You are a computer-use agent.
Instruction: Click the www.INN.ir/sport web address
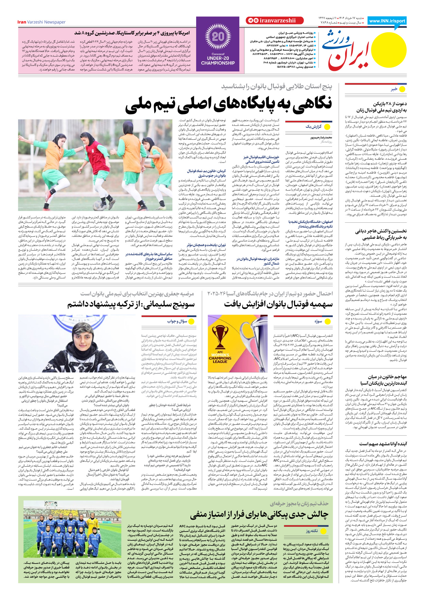coord(387,21)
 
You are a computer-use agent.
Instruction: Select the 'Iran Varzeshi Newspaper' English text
coord(41,22)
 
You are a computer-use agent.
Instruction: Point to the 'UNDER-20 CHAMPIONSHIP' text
coord(218,60)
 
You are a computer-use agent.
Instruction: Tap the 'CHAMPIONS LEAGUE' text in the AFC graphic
coord(220,359)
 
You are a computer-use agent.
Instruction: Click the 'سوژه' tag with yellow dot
coord(322,321)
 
